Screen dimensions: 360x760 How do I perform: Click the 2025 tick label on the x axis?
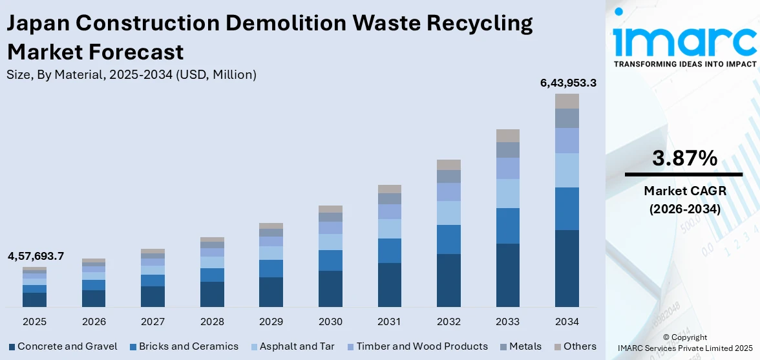coord(34,321)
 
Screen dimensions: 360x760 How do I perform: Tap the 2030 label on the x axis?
coord(330,321)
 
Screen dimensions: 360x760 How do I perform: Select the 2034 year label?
coord(567,321)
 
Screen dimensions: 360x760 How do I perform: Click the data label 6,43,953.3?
coord(567,83)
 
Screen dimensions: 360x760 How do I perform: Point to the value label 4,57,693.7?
coord(36,256)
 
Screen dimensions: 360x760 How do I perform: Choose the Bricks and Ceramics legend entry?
coord(184,346)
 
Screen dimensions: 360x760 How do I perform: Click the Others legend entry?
coord(575,346)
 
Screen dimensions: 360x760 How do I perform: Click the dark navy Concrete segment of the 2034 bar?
coord(567,268)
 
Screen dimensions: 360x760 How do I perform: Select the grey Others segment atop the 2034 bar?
coord(567,101)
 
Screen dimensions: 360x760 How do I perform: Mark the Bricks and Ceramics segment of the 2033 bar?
coord(508,226)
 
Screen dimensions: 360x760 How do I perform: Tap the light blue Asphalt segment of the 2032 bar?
coord(449,213)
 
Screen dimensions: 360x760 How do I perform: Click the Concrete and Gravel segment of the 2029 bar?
coord(271,291)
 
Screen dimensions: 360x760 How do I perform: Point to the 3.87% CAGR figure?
coord(684,158)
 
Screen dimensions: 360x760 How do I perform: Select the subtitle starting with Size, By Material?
coord(131,74)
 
